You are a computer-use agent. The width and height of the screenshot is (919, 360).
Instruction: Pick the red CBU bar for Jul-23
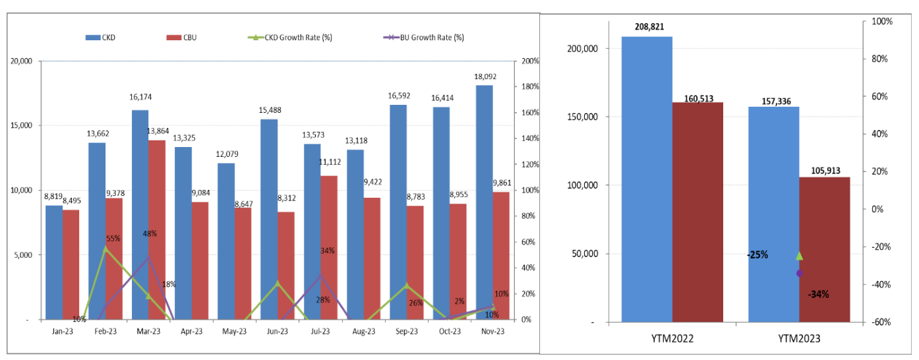pyautogui.click(x=329, y=247)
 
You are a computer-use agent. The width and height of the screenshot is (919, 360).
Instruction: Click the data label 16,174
pyautogui.click(x=140, y=97)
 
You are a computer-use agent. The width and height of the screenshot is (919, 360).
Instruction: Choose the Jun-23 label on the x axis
pyautogui.click(x=278, y=332)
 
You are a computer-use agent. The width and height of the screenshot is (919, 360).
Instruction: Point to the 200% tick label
pyautogui.click(x=531, y=61)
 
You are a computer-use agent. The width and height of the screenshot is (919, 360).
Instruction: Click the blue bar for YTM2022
pyautogui.click(x=647, y=178)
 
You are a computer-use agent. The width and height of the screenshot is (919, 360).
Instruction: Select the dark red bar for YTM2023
pyautogui.click(x=825, y=249)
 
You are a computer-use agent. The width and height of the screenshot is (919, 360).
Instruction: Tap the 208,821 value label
pyautogui.click(x=647, y=27)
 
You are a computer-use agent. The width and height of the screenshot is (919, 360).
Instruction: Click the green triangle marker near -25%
pyautogui.click(x=800, y=256)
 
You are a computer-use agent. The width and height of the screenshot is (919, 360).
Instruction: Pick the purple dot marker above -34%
pyautogui.click(x=800, y=273)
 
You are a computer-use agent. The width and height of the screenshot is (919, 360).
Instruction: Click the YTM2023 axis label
pyautogui.click(x=798, y=340)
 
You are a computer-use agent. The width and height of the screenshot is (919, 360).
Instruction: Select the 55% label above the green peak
pyautogui.click(x=113, y=239)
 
